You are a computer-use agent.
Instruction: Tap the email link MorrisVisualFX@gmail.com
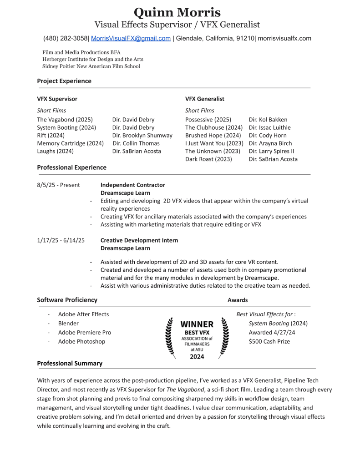[131, 39]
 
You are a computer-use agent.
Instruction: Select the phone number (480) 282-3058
[66, 39]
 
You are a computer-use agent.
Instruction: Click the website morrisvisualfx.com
[285, 39]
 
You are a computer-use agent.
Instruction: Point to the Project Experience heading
[64, 81]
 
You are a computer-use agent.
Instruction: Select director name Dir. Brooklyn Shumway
[142, 135]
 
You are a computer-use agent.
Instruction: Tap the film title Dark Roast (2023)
[208, 159]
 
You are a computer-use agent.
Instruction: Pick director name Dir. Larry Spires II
[271, 151]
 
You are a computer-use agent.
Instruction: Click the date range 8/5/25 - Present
[58, 185]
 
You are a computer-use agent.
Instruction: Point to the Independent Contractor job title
[132, 185]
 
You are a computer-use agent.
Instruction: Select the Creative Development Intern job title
[139, 240]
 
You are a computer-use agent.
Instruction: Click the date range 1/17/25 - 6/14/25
[61, 240]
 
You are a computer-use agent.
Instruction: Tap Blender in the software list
[68, 323]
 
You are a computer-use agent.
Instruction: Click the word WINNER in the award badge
[197, 324]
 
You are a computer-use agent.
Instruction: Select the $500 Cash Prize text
[269, 341]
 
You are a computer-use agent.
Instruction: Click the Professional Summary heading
[70, 363]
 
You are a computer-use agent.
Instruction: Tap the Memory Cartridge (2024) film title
[71, 143]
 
